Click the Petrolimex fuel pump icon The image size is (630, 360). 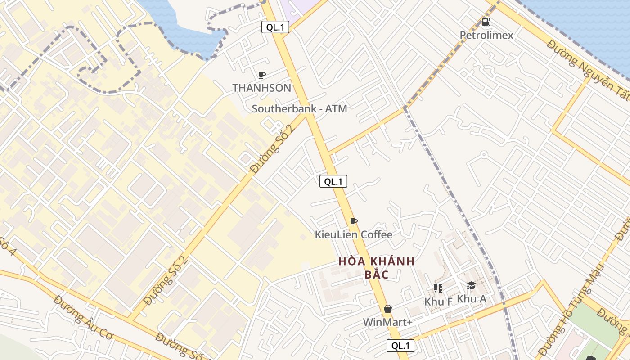486,22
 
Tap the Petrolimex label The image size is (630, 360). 486,35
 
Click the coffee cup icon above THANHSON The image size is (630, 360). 262,75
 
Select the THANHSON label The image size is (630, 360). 262,88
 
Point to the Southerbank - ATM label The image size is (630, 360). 299,108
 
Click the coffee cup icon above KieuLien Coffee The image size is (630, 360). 354,221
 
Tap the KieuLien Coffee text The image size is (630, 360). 354,234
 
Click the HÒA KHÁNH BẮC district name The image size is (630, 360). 376,267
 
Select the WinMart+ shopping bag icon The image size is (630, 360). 388,309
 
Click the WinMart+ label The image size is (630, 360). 388,322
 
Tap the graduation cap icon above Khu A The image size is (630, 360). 471,285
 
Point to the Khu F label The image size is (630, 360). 438,301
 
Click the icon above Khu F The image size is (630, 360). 438,288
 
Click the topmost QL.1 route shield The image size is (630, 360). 275,27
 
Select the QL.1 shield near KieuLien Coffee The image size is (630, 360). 333,182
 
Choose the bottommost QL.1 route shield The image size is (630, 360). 400,346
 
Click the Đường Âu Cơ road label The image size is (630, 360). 84,317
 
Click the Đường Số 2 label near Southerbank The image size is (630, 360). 273,149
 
